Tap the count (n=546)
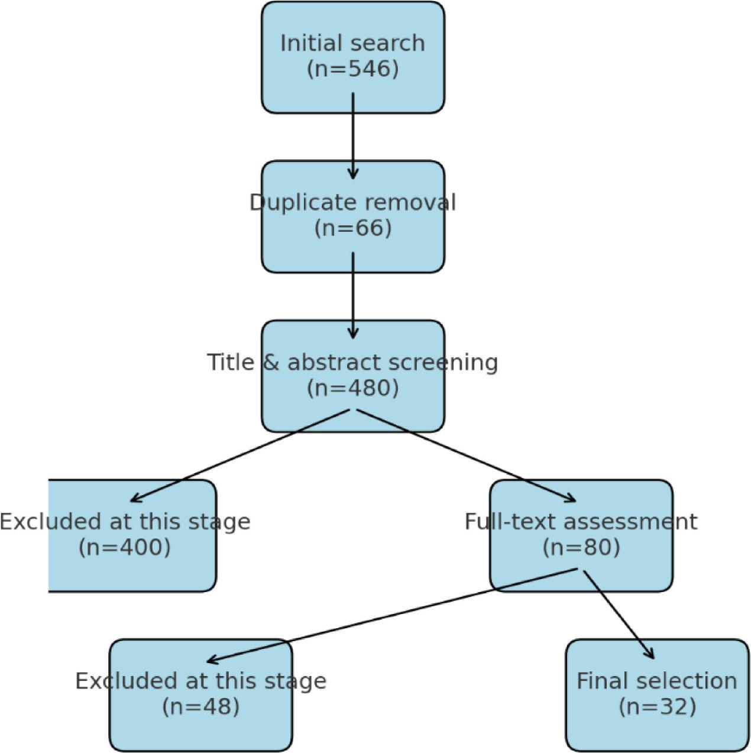(x=352, y=69)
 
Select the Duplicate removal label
(x=352, y=202)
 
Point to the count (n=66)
(x=352, y=228)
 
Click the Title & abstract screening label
(x=352, y=362)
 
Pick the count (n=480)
(x=352, y=388)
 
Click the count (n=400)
(x=124, y=547)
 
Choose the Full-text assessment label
(x=581, y=521)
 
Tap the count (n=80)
(x=581, y=547)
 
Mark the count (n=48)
(x=200, y=706)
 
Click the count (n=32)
(x=657, y=706)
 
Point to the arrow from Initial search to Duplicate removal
(x=353, y=136)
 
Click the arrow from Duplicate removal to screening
(x=353, y=296)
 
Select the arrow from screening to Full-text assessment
(x=467, y=456)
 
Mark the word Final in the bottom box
(x=600, y=681)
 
